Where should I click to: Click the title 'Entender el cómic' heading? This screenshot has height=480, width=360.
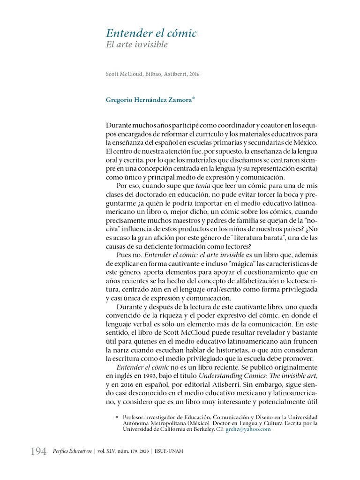pyautogui.click(x=151, y=33)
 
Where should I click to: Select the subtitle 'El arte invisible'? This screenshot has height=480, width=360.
pyautogui.click(x=136, y=45)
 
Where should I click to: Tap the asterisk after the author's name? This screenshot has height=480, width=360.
pyautogui.click(x=193, y=98)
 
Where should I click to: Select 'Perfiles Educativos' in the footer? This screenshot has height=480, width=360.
pyautogui.click(x=72, y=451)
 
